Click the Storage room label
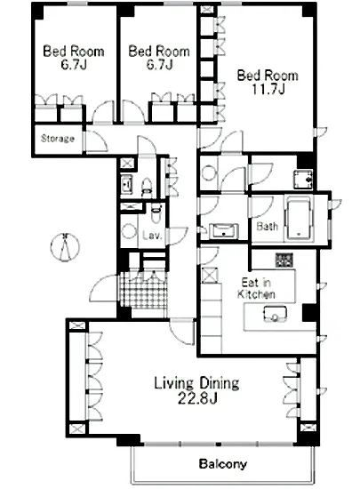click(58, 138)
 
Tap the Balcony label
click(223, 464)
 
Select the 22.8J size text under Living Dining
click(197, 398)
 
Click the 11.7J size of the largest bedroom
click(268, 90)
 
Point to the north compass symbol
click(65, 246)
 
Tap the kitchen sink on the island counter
click(275, 314)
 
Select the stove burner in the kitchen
click(284, 261)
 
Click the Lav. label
click(152, 236)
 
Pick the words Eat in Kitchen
click(256, 288)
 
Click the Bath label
click(268, 226)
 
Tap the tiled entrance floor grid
click(144, 291)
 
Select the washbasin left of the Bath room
click(224, 231)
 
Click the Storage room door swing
click(96, 142)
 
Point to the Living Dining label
click(197, 383)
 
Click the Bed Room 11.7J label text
click(268, 83)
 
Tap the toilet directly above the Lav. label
click(156, 212)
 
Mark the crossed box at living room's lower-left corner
click(76, 429)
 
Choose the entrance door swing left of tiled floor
click(104, 288)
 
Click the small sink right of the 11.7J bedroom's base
click(302, 179)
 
